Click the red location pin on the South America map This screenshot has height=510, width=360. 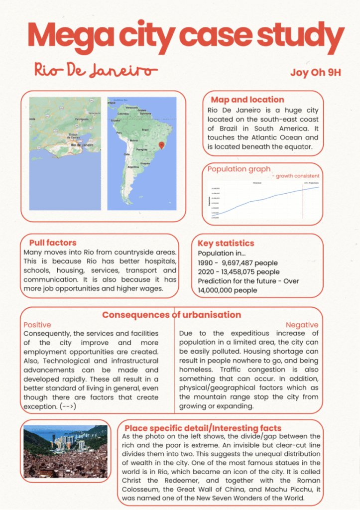(x=161, y=144)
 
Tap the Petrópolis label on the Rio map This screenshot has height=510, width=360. (x=81, y=120)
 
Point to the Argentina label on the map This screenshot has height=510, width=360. (x=133, y=167)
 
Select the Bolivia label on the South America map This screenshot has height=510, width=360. (x=133, y=141)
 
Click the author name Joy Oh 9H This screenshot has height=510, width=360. (x=316, y=73)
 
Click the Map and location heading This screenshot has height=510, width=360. (x=247, y=100)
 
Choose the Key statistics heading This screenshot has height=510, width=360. (x=226, y=243)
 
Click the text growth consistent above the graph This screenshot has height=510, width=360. (x=298, y=176)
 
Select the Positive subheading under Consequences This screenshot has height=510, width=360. (x=37, y=325)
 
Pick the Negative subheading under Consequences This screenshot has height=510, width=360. (x=301, y=325)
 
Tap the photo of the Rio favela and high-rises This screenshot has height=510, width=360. (x=65, y=451)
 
